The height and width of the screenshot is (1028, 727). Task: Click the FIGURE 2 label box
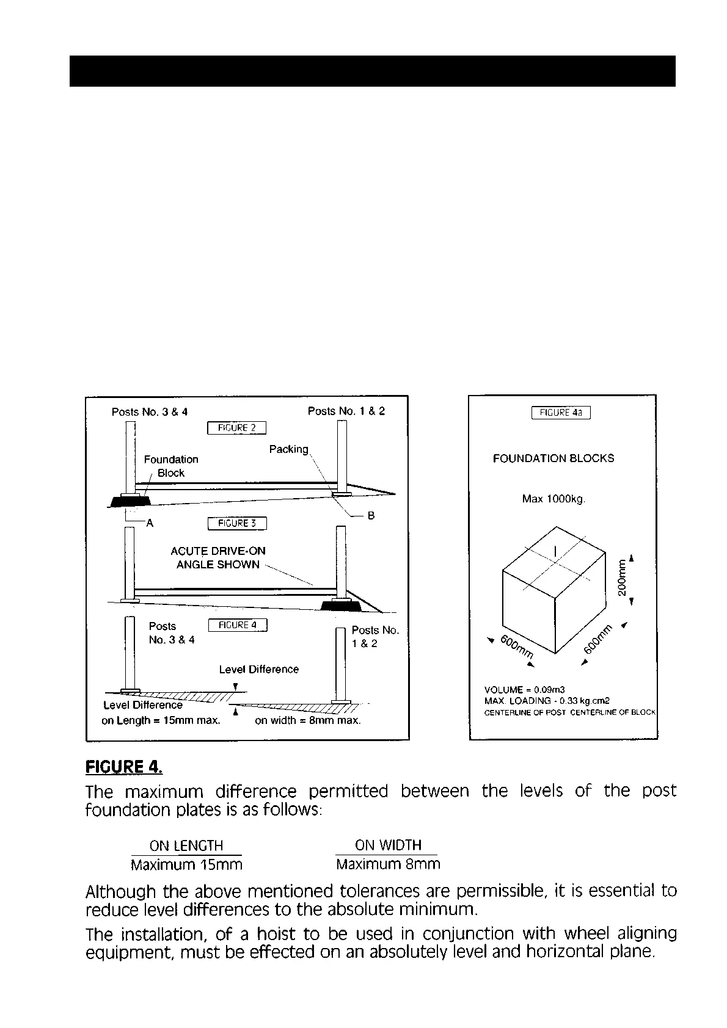coord(236,428)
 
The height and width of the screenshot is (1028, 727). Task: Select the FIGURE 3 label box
coord(236,524)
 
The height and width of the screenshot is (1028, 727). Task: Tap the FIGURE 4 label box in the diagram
coord(237,625)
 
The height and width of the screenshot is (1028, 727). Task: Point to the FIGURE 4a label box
coord(561,413)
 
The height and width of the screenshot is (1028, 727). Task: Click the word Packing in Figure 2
coord(289,449)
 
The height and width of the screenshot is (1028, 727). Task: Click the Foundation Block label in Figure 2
coord(171,466)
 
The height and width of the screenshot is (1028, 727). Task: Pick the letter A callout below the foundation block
coord(149,523)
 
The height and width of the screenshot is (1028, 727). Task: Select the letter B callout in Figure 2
coord(371,516)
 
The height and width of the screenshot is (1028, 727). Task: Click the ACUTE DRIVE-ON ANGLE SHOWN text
coord(217,558)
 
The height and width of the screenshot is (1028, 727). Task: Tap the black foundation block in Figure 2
coord(130,502)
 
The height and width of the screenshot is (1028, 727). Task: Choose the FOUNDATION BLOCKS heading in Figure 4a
coord(553,458)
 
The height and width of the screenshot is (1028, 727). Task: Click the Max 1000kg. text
coord(553,499)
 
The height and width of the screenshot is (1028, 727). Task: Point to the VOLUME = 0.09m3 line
coord(524,690)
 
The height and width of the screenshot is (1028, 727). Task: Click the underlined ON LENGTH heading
coord(186,845)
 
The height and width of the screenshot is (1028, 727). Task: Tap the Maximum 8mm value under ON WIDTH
coord(387,864)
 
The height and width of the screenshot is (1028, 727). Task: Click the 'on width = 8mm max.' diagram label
coord(307,720)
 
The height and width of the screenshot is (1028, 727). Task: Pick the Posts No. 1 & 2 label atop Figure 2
coord(346,411)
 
